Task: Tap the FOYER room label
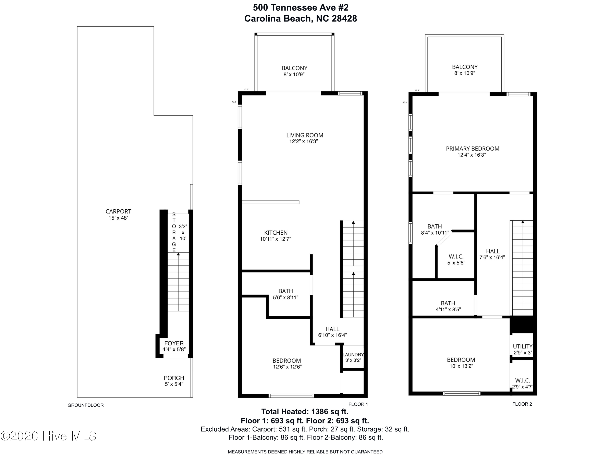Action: coord(174,343)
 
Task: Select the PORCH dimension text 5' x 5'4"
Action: coord(174,384)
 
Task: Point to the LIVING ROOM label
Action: coord(304,135)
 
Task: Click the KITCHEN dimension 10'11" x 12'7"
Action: coord(276,239)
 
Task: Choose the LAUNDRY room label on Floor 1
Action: coord(353,355)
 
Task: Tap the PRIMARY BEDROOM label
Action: coord(472,148)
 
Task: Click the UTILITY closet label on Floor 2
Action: coord(522,347)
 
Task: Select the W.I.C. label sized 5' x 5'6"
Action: coord(456,257)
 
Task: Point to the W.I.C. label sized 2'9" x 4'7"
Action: coord(522,381)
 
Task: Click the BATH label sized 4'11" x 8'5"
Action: coord(448,303)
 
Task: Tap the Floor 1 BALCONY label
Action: coord(294,68)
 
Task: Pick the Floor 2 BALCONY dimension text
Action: coord(465,73)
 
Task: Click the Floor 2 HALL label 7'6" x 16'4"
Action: coord(492,251)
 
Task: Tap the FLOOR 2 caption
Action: coord(522,404)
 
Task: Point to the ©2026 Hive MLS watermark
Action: coord(49,436)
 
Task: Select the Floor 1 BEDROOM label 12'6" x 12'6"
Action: coord(286,361)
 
